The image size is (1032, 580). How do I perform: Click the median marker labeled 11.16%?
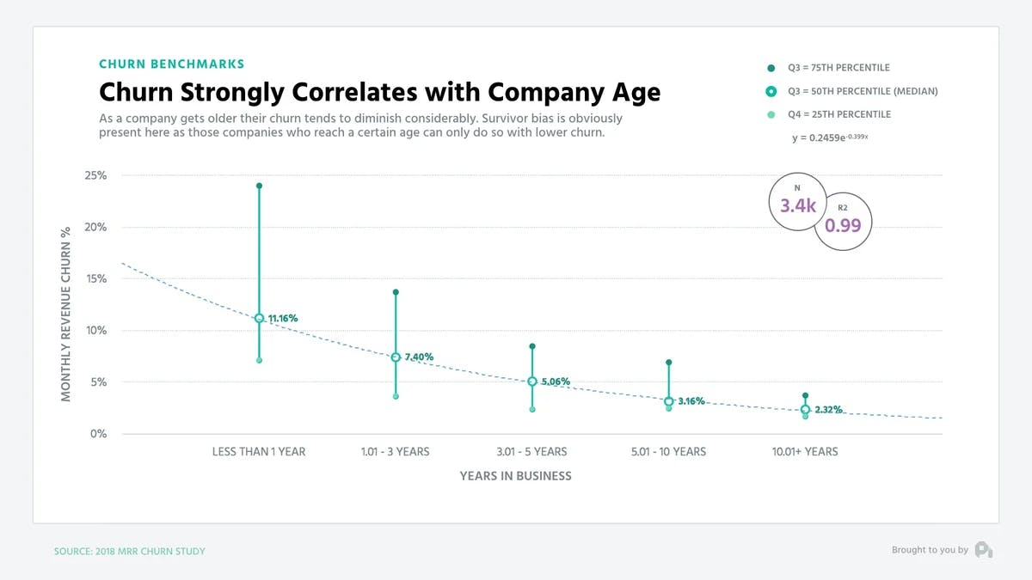tap(259, 318)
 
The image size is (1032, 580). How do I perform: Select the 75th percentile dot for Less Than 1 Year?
tap(259, 186)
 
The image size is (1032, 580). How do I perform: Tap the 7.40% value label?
tap(419, 357)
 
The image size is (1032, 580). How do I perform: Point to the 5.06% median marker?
tap(532, 382)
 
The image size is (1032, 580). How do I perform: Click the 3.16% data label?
tap(691, 401)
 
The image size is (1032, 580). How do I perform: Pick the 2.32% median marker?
tap(805, 410)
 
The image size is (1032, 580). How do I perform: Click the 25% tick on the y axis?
tap(95, 175)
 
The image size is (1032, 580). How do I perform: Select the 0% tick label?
tap(99, 434)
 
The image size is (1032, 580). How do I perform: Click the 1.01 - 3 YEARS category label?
tap(396, 451)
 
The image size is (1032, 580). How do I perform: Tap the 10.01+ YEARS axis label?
tap(805, 451)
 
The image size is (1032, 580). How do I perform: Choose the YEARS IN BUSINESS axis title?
tap(515, 475)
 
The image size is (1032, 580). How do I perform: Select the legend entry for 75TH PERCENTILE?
tap(838, 68)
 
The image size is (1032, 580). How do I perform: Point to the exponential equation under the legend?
tap(830, 137)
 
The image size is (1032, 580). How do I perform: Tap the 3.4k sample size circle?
tap(797, 205)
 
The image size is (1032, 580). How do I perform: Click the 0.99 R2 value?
tap(843, 225)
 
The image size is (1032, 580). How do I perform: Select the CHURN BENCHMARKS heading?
tap(172, 64)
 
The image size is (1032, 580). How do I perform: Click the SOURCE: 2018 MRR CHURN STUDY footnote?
tap(130, 551)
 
